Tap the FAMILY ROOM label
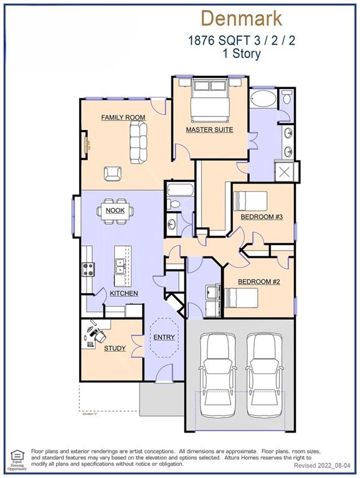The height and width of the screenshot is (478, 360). [123, 117]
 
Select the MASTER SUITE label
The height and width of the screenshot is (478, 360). [209, 129]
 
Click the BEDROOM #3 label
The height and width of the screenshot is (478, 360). [262, 217]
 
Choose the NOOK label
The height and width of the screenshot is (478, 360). [115, 210]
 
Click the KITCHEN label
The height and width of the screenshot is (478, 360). [123, 293]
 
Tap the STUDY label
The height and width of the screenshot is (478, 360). [115, 349]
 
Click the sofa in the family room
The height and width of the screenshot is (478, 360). [138, 139]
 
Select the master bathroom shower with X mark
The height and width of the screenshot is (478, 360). [288, 172]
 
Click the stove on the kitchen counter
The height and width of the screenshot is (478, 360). [88, 269]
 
